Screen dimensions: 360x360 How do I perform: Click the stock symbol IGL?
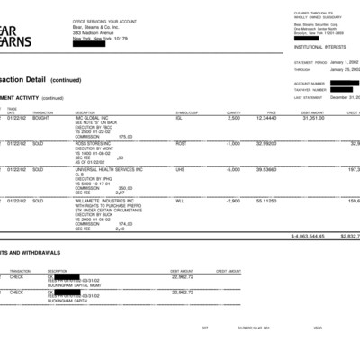(x=180, y=118)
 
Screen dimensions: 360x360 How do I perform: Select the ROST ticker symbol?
(x=181, y=143)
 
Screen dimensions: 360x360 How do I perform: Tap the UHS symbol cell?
(x=180, y=168)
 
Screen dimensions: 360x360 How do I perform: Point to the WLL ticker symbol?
(x=180, y=200)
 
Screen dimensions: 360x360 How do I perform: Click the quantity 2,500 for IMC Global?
(x=233, y=118)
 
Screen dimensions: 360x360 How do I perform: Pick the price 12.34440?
(x=266, y=118)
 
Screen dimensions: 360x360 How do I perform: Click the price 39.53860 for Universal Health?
(x=266, y=168)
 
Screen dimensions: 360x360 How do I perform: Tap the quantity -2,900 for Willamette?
(x=232, y=200)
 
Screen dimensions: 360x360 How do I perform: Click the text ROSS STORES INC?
(x=93, y=143)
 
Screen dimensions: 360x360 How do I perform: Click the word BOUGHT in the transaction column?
(x=41, y=118)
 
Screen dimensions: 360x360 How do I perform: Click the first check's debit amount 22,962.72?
(x=182, y=277)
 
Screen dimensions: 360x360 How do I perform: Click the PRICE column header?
(x=271, y=112)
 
